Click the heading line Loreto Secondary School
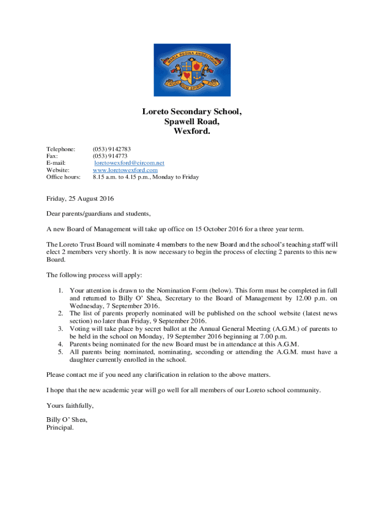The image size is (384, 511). tap(192, 112)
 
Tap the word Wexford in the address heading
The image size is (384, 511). tap(192, 131)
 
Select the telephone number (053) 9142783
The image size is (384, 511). tap(112, 149)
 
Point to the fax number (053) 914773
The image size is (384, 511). tap(110, 156)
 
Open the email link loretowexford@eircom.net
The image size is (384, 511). tap(130, 163)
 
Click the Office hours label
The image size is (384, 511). tap(63, 177)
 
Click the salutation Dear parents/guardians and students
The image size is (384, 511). tap(98, 214)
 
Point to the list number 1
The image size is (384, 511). tap(60, 290)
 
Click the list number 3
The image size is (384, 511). tap(60, 329)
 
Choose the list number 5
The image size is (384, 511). tap(60, 352)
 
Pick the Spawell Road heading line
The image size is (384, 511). tap(192, 122)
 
